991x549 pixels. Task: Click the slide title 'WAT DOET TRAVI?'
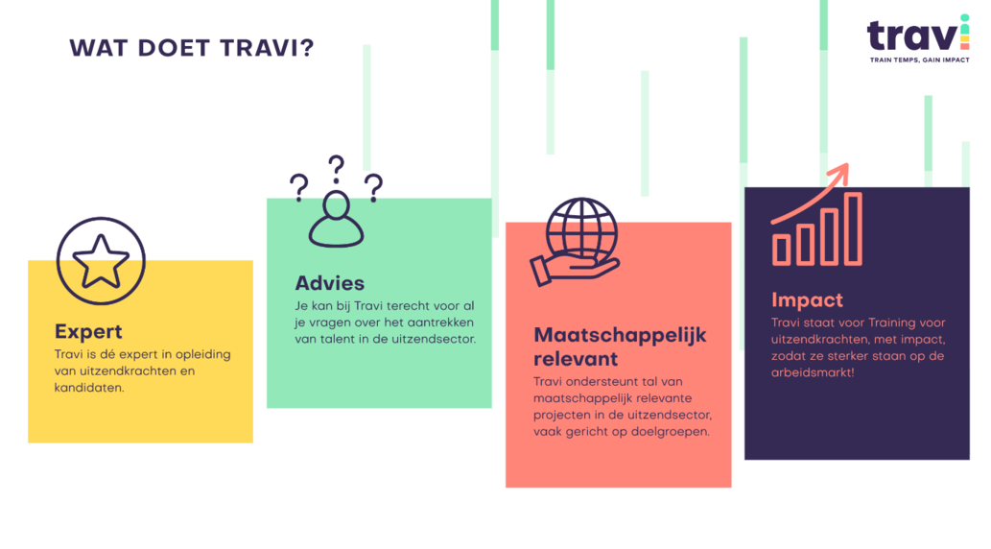[x=192, y=48]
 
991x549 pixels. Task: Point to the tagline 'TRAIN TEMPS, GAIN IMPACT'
[x=920, y=60]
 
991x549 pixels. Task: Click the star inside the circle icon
[x=101, y=261]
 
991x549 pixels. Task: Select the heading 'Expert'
[x=88, y=331]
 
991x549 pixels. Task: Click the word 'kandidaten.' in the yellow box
[x=89, y=388]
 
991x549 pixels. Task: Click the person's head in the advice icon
[x=336, y=205]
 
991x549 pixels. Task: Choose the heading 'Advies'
[x=330, y=283]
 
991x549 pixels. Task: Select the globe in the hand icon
[x=581, y=228]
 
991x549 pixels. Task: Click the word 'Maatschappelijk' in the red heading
[x=620, y=335]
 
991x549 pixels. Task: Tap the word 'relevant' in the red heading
[x=576, y=359]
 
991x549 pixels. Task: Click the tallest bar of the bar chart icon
[x=853, y=228]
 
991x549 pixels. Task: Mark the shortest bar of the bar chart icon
[x=782, y=250]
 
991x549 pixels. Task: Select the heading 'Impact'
[x=807, y=299]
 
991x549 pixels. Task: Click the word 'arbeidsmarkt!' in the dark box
[x=813, y=372]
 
